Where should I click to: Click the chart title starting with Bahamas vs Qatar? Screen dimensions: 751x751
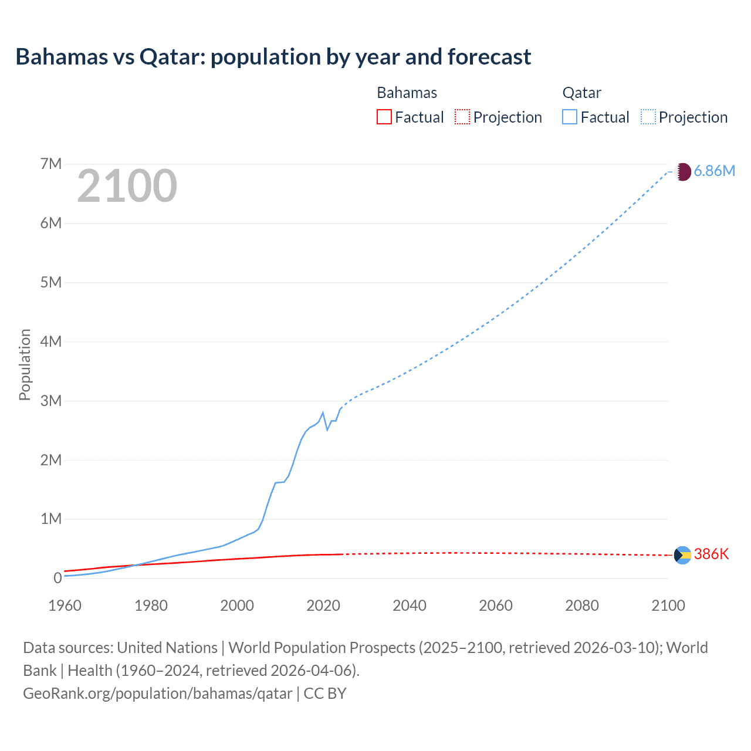point(273,57)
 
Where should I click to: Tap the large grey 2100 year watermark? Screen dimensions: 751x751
point(127,186)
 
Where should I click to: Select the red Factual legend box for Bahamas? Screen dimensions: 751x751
point(384,117)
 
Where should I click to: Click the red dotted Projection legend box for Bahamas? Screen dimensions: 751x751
point(462,117)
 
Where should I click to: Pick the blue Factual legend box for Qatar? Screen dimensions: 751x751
point(569,117)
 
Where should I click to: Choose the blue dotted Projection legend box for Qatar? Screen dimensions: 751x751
point(648,117)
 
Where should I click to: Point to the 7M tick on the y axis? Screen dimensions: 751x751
point(51,164)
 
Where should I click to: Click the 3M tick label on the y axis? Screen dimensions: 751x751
point(51,401)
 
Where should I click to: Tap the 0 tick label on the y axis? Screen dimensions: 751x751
point(57,578)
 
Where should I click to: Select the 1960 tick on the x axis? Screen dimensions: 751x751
point(65,605)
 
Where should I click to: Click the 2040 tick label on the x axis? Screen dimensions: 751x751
point(410,605)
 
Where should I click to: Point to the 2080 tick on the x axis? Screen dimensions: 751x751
point(582,605)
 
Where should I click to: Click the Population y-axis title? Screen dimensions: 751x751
point(25,364)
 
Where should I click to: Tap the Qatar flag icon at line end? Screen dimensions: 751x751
point(682,171)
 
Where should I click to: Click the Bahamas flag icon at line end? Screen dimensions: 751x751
point(682,555)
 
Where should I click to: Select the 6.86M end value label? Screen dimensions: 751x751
point(714,171)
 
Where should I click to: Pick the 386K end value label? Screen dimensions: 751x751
point(711,554)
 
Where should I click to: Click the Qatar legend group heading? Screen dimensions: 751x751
point(581,93)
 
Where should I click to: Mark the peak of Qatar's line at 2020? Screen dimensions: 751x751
point(323,412)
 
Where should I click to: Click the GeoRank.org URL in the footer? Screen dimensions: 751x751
point(157,694)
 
